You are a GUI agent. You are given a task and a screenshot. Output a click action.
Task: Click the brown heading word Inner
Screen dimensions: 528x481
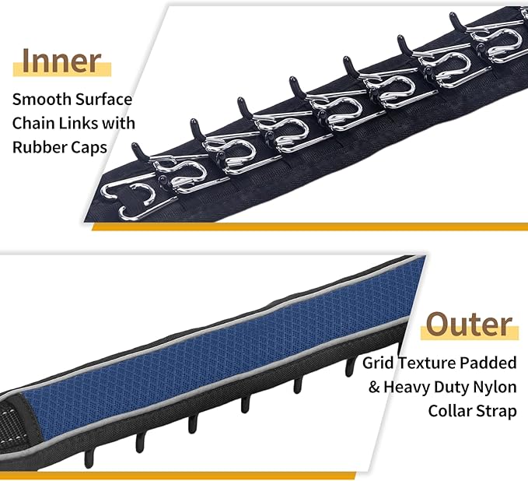[61, 61]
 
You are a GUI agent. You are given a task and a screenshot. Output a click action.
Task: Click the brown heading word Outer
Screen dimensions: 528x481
[469, 324]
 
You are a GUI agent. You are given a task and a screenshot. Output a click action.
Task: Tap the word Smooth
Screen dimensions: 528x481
[41, 99]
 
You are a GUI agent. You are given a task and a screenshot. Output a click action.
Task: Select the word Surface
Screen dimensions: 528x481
[103, 99]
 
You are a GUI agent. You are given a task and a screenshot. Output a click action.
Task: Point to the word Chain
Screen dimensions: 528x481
[33, 123]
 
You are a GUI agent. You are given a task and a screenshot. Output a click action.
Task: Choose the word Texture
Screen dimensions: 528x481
[427, 363]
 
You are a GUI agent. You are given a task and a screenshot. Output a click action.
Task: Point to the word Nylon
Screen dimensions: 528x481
[495, 388]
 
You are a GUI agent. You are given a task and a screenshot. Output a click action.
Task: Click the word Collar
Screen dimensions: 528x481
[450, 411]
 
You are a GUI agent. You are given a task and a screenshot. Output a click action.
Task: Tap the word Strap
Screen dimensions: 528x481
[497, 412]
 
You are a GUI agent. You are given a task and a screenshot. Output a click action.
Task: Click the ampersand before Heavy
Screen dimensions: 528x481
[374, 387]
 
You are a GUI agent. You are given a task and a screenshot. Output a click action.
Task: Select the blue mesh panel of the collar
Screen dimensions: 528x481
[222, 350]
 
